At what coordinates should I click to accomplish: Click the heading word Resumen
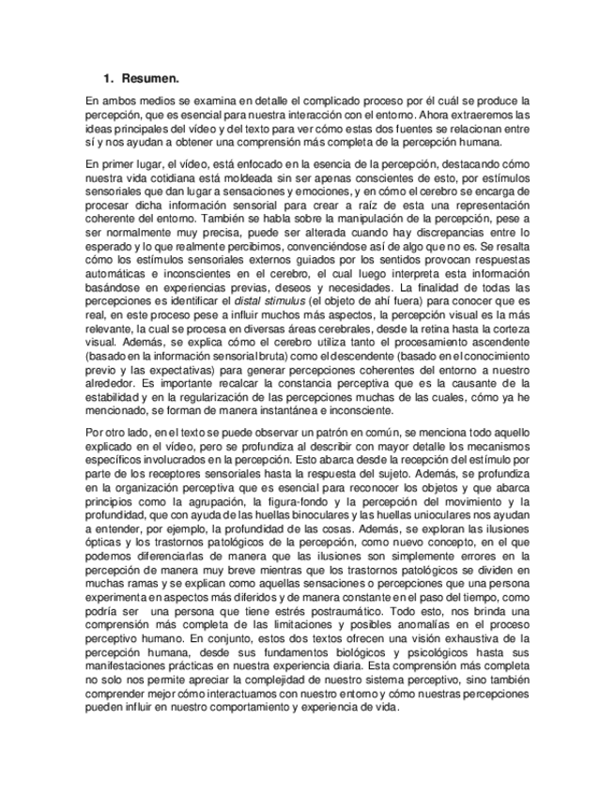coord(151,78)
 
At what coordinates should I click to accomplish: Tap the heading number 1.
coord(108,78)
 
